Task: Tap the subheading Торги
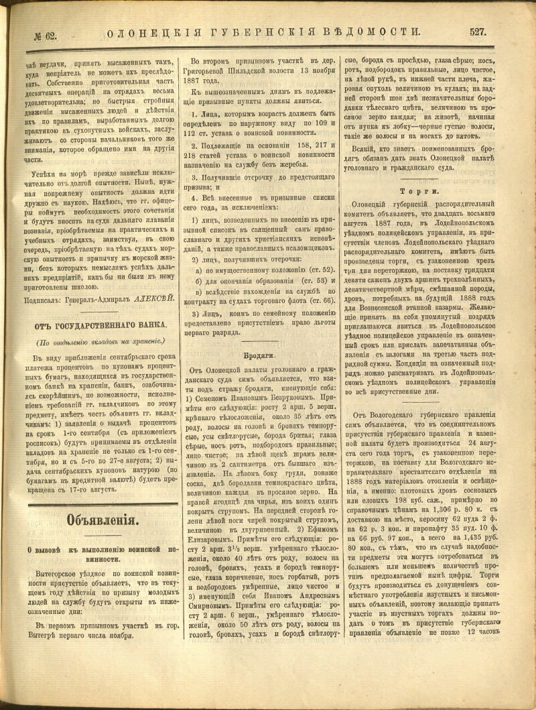432,190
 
